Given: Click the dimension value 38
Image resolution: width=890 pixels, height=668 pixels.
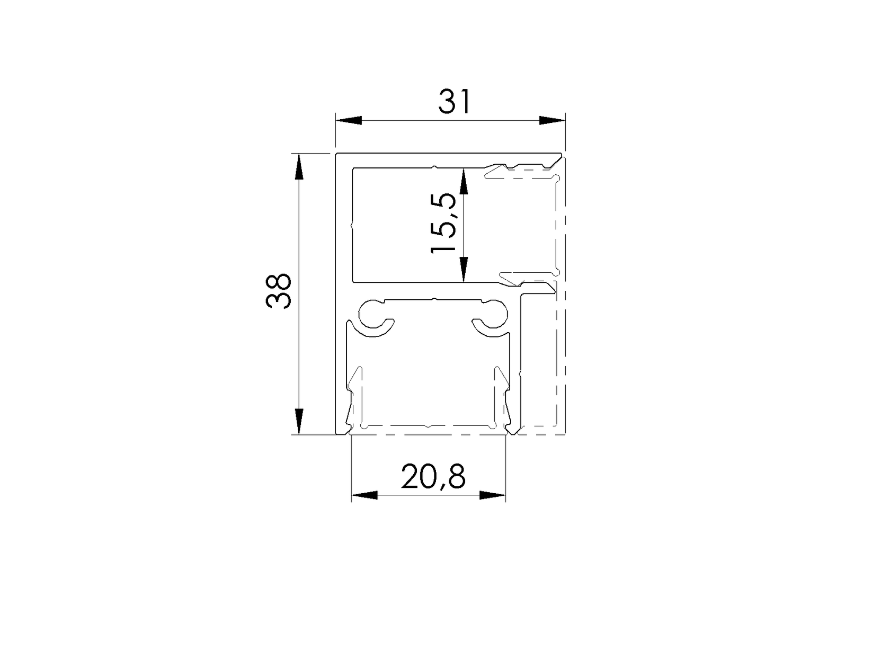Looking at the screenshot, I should click(279, 291).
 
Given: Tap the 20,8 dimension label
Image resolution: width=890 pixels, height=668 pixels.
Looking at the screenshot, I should click(433, 476).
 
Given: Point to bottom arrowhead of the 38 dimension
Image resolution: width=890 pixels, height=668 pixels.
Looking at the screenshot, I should click(299, 422).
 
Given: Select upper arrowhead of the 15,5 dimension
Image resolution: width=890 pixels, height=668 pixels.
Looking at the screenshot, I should click(464, 182).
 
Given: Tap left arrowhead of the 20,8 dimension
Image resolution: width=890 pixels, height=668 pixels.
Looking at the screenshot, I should click(364, 495).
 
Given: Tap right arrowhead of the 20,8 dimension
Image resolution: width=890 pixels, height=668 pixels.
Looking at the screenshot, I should click(493, 495).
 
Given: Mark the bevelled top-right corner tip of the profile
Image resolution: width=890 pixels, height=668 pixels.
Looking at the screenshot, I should click(560, 155).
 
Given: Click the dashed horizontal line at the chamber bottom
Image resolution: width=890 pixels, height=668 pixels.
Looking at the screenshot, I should click(429, 435).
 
